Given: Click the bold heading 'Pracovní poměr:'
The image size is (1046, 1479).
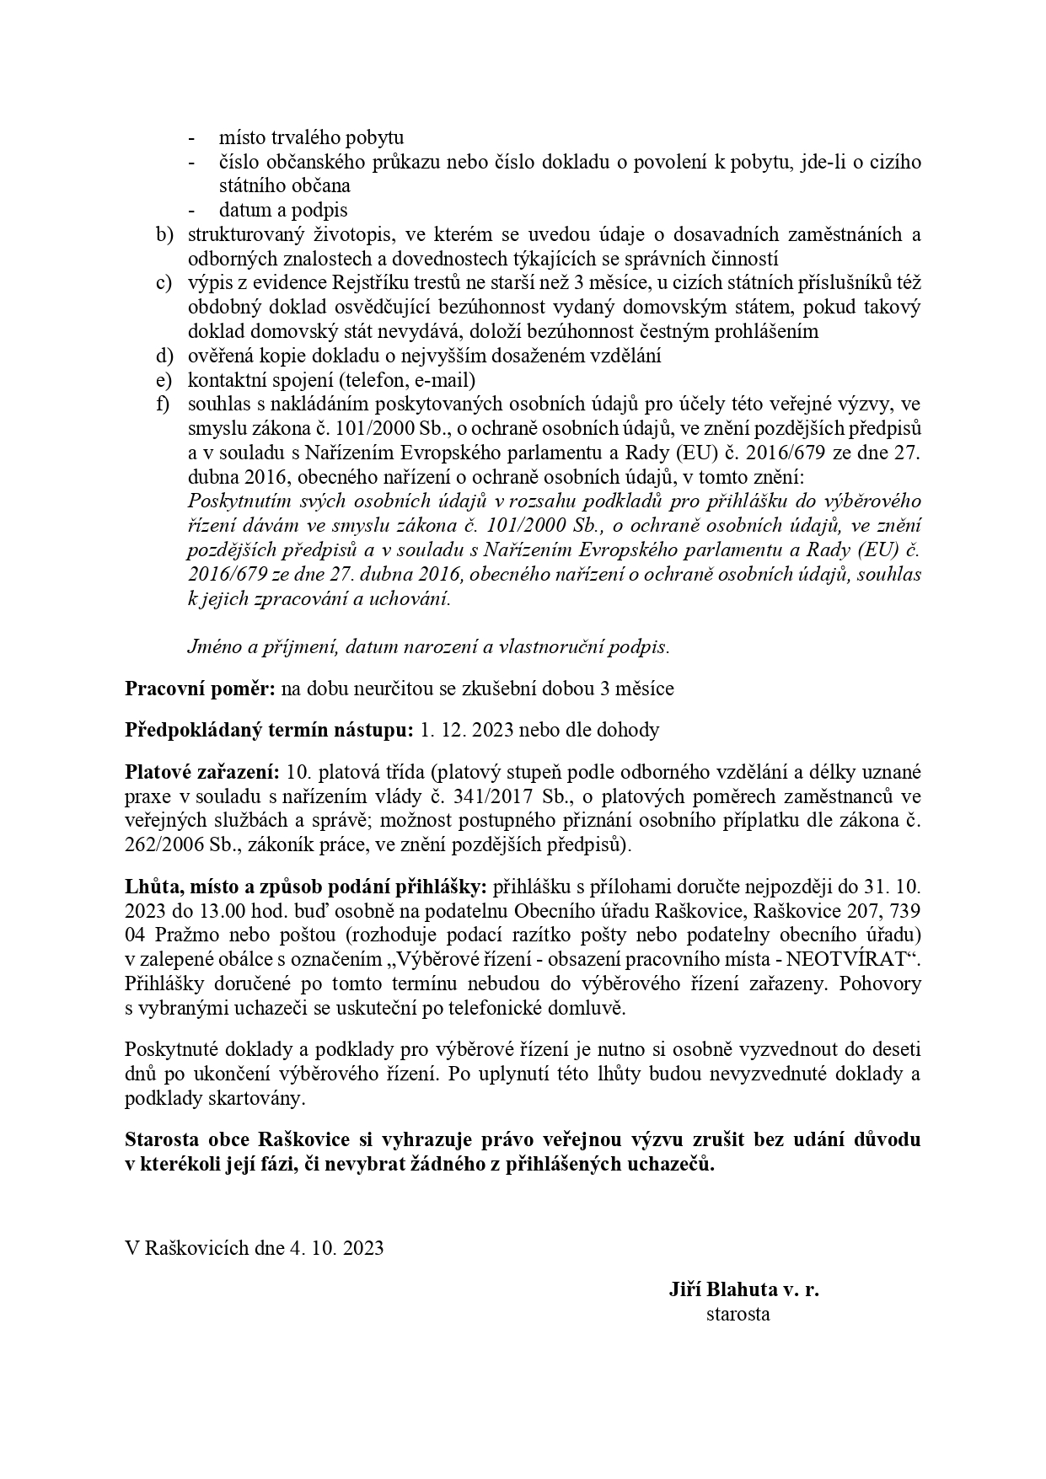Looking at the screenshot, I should click(x=200, y=689).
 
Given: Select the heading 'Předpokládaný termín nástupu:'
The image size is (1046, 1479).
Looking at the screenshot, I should click(x=269, y=730).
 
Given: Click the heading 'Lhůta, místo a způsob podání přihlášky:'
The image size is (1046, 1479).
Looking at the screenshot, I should click(x=306, y=887).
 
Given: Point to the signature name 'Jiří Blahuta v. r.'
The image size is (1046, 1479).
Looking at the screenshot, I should click(x=743, y=1289).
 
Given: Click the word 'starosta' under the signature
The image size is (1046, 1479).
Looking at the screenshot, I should click(x=738, y=1314).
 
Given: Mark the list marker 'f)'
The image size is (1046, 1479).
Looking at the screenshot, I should click(x=164, y=404).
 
